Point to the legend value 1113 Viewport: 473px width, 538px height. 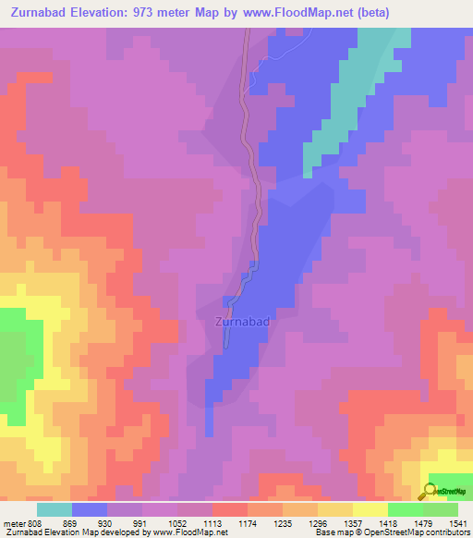[212, 523]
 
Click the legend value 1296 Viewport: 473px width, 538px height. [318, 523]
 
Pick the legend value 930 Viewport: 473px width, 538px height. [107, 523]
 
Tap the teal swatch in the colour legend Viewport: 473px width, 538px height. [55, 509]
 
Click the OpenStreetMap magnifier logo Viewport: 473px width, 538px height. [431, 491]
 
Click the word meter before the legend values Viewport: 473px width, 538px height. [15, 523]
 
